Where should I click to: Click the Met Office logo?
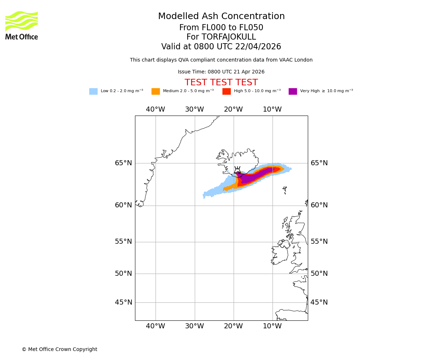coord(22,25)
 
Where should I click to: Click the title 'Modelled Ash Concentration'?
coord(221,17)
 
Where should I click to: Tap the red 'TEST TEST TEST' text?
coord(221,83)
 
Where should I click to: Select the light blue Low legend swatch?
coord(93,91)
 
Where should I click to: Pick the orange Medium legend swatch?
coord(156,91)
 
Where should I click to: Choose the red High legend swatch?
coord(226,91)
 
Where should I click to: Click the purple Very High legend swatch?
coord(293,91)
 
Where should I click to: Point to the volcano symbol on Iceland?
coord(237,170)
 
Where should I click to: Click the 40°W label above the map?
coord(156,109)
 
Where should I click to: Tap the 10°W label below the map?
coord(272,326)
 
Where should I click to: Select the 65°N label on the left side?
coord(123,163)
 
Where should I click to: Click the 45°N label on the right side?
coord(319,302)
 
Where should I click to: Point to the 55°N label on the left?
coord(123,242)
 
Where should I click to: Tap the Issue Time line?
coord(221,72)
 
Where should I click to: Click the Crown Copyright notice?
coord(59,350)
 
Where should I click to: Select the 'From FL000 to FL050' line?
coord(221,28)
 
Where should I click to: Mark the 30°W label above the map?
coord(194,109)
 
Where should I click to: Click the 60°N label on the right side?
coord(319,205)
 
